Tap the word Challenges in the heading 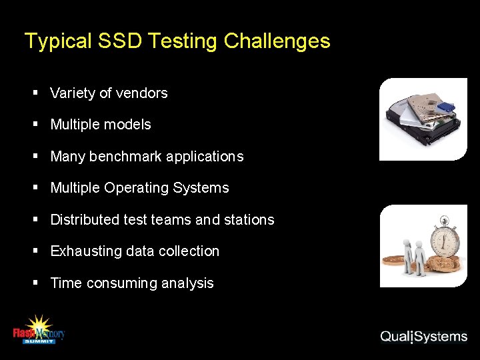click(277, 41)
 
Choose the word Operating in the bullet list click(136, 189)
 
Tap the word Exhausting click(83, 251)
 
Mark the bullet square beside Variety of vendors click(36, 93)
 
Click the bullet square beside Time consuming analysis click(36, 283)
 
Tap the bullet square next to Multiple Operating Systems click(36, 188)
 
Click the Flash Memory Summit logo click(39, 330)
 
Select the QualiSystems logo click(423, 337)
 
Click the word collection click(189, 251)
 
